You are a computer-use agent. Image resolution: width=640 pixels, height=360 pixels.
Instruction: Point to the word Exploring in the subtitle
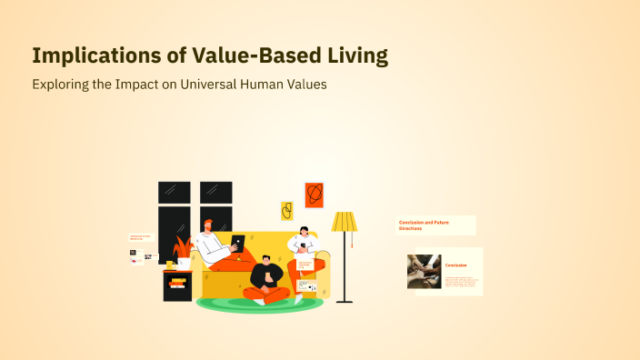[61, 85]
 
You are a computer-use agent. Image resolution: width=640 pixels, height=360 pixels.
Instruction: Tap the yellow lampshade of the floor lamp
[345, 222]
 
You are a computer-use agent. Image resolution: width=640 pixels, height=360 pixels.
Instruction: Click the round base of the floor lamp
[344, 300]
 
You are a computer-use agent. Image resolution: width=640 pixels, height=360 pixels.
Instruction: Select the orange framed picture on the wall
[314, 195]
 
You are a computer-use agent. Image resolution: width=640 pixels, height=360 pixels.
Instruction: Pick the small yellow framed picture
[286, 212]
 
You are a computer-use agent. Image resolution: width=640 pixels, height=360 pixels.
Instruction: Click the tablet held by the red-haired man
[238, 244]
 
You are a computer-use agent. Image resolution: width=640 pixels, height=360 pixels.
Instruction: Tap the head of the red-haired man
[209, 225]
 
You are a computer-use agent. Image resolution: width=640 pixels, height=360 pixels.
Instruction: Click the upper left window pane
[174, 192]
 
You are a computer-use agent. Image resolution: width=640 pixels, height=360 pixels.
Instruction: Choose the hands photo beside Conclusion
[424, 271]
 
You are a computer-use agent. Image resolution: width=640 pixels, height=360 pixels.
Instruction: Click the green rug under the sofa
[260, 304]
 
